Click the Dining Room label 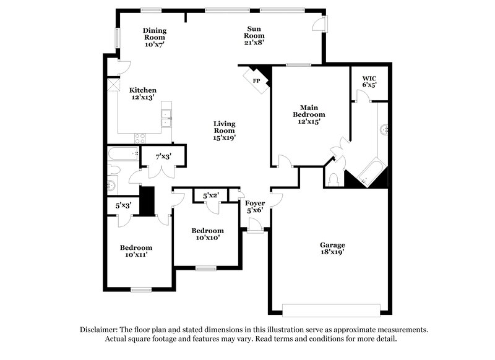point(155,38)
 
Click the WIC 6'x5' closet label point(369,82)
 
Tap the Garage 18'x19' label point(332,249)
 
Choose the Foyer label point(255,207)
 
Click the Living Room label point(224,130)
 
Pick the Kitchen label point(142,94)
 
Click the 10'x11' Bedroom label point(136,251)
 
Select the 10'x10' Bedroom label point(207,234)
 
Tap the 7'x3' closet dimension point(163,156)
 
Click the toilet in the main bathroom point(334,179)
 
